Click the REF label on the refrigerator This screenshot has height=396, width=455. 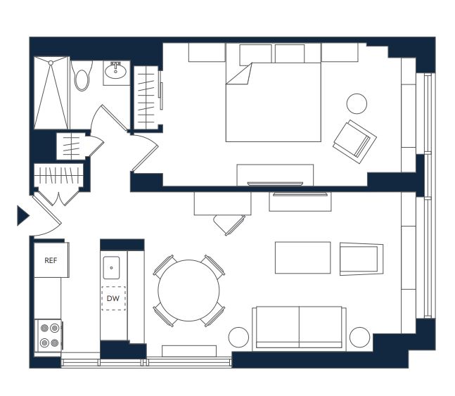pos(51,260)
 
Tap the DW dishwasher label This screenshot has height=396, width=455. pos(113,298)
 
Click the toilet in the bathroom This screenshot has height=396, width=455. pos(82,76)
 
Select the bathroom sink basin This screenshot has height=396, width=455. pos(115,71)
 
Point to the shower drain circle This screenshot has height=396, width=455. pos(51,63)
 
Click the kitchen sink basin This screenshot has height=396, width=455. pos(111,267)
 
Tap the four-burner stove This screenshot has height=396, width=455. pos(48,336)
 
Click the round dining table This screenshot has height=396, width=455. pos(188,290)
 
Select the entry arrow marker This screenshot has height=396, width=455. pos(23,216)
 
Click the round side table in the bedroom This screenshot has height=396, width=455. pos(357,103)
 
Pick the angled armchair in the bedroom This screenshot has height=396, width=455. pos(354,141)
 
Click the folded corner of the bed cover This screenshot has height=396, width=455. pos(239,74)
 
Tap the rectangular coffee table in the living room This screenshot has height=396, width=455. pos(302,257)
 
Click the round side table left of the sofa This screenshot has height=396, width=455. pos(238,337)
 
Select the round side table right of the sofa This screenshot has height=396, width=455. pos(360,337)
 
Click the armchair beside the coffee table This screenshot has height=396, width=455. pos(361,259)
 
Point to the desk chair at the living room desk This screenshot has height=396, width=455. pos(229,224)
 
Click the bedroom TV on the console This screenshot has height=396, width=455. pos(275,184)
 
